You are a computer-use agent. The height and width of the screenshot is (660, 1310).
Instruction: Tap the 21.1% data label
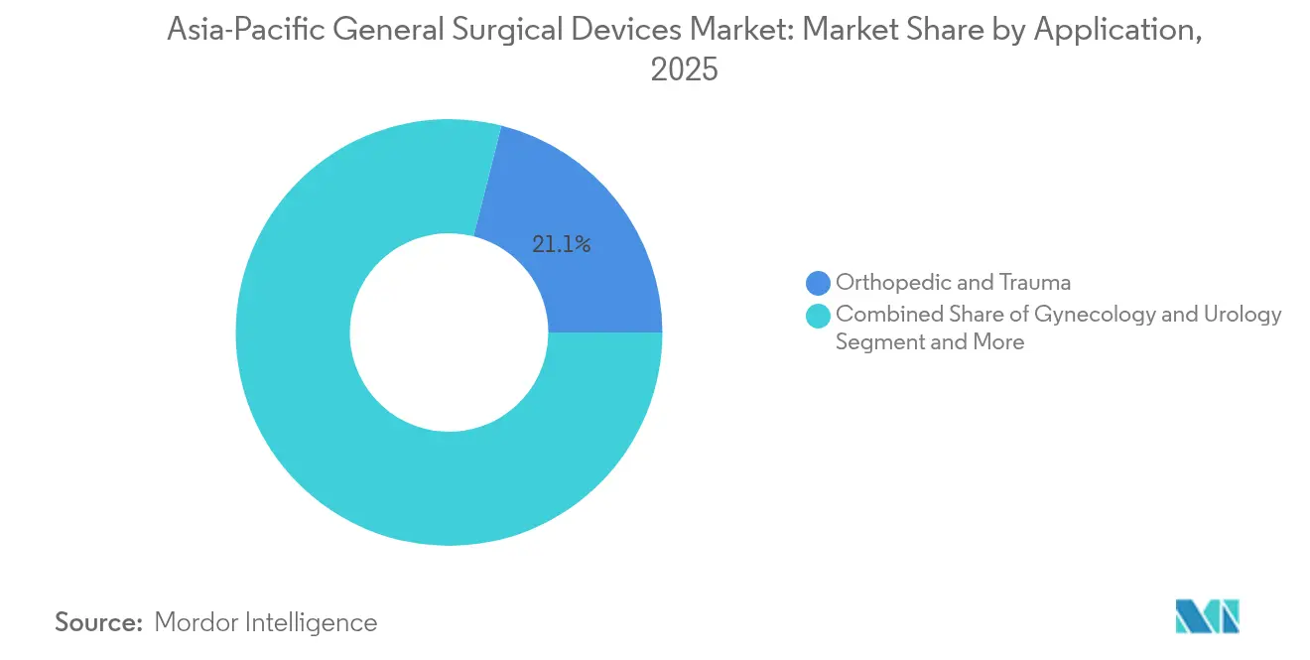pyautogui.click(x=562, y=244)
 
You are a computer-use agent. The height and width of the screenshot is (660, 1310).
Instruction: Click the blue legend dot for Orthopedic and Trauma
pyautogui.click(x=819, y=283)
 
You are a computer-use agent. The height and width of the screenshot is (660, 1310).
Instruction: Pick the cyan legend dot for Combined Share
pyautogui.click(x=819, y=316)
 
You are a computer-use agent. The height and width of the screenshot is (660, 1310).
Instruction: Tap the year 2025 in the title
pyautogui.click(x=685, y=70)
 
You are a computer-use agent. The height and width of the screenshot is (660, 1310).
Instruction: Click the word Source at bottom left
pyautogui.click(x=99, y=622)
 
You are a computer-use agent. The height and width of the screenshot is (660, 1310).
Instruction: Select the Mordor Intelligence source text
pyautogui.click(x=266, y=622)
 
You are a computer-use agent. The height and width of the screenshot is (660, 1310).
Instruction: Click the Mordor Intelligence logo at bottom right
pyautogui.click(x=1207, y=616)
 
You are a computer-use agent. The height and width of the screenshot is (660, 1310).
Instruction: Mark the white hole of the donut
pyautogui.click(x=449, y=332)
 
